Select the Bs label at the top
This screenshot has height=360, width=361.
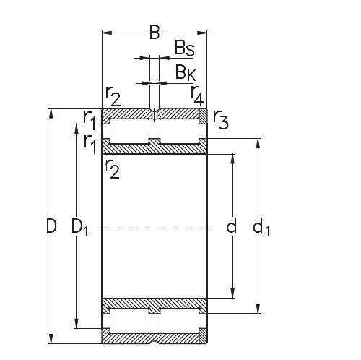point(184,48)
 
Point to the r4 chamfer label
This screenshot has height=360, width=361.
point(196,93)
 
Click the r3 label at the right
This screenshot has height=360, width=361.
point(222,122)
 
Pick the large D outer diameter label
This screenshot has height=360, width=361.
point(51,226)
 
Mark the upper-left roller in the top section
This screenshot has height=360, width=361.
point(128,131)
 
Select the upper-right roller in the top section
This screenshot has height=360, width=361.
point(180,131)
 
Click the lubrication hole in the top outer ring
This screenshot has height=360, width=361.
point(154,114)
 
